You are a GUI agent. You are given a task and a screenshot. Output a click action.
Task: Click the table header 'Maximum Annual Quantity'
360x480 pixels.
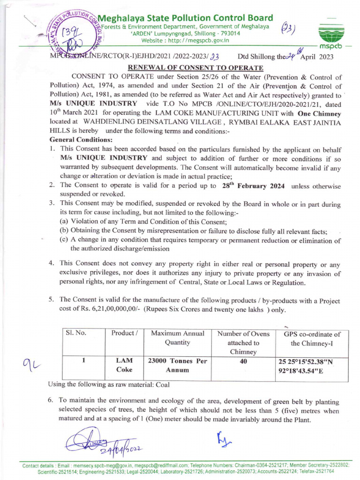[x=178, y=338]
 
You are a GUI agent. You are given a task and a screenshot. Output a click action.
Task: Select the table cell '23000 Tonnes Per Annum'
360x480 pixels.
[x=178, y=366]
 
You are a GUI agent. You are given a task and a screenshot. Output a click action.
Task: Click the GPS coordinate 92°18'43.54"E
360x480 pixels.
[x=302, y=370]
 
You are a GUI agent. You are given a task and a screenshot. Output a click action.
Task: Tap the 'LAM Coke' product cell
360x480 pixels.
[x=123, y=366]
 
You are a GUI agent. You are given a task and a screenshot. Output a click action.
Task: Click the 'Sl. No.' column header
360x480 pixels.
[x=76, y=333]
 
